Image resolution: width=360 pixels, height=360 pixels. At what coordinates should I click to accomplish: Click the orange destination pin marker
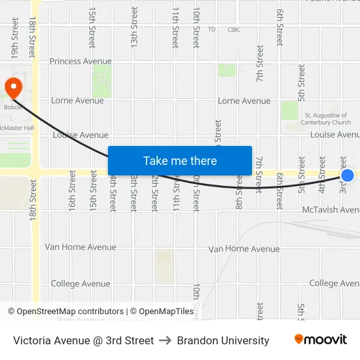click(13, 86)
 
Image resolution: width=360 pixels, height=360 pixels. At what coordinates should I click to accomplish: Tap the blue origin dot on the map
click(348, 175)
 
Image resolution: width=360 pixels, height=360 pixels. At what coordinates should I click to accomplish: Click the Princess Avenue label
click(81, 62)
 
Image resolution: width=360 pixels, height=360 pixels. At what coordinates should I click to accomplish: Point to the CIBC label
click(234, 29)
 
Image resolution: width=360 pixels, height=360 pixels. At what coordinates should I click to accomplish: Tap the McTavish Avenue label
click(331, 210)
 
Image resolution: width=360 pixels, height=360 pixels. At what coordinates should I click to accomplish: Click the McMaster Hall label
click(17, 128)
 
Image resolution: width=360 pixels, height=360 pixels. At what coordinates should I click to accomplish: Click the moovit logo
click(320, 340)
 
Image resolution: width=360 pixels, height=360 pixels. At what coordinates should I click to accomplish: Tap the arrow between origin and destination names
click(165, 340)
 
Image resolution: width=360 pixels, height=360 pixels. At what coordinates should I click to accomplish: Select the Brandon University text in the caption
click(223, 340)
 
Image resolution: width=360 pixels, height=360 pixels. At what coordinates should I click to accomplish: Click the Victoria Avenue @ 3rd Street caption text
click(83, 340)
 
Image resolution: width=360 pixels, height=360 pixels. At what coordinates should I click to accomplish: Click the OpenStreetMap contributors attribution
click(65, 312)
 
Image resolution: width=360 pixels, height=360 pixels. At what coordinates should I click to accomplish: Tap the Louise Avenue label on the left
click(80, 135)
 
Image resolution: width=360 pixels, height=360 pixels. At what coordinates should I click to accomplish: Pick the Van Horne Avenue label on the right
click(243, 249)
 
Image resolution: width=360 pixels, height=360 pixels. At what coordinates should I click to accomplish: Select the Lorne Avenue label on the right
click(243, 101)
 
